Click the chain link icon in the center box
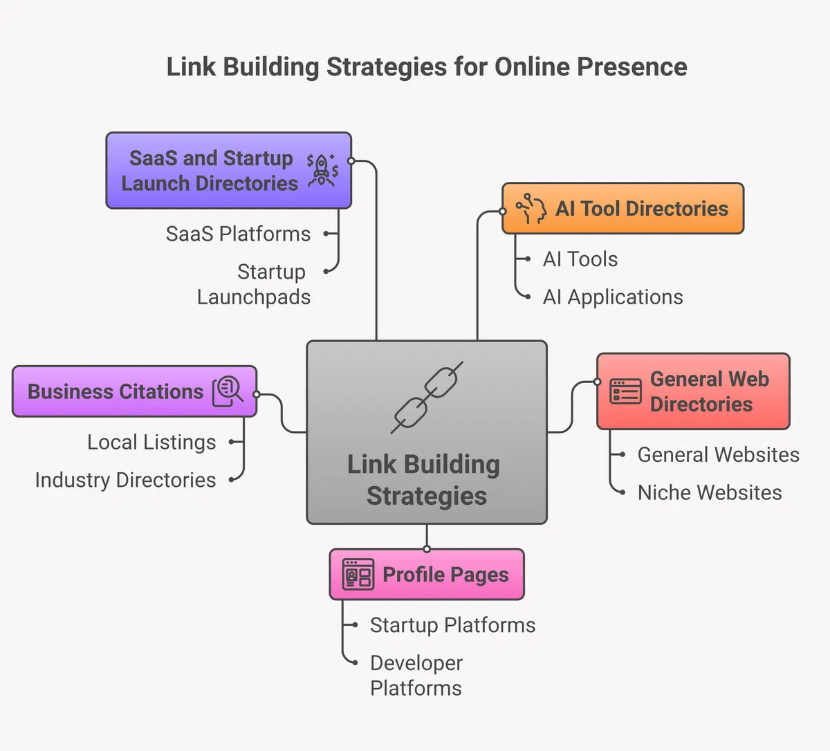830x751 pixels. coord(427,398)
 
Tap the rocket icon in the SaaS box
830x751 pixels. coord(322,171)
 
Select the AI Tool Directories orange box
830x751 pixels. coord(622,208)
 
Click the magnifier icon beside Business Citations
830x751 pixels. coord(228,391)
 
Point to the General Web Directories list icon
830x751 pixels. coord(625,391)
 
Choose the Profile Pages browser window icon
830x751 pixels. coord(358,575)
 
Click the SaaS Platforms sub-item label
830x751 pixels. coord(238,234)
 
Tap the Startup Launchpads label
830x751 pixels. coord(254,284)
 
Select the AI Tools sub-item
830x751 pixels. coord(580,259)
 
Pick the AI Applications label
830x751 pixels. coord(613,297)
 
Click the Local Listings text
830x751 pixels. coord(151,442)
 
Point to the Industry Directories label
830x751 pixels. coord(125,480)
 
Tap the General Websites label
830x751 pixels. coord(718,454)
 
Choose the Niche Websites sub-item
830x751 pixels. coord(710,492)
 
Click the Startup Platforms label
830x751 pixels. coord(452,625)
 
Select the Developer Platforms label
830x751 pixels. coord(416,676)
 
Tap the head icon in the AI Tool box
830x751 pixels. coord(531,208)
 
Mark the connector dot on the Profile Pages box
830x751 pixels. coord(427,549)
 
